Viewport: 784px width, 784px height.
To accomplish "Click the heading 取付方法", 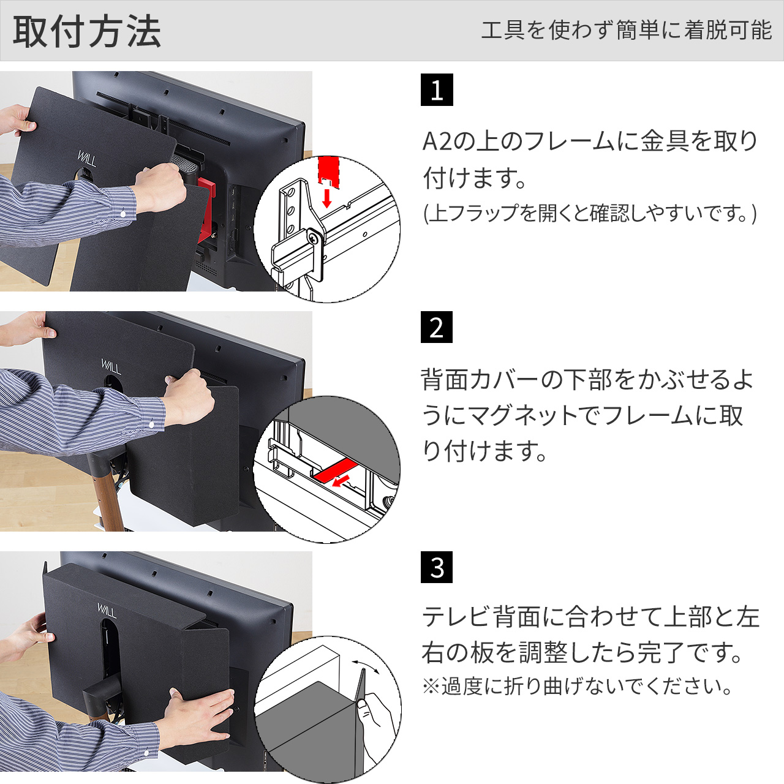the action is (87, 31).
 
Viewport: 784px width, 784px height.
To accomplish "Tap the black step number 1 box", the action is (437, 89).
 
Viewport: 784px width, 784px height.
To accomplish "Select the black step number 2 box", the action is (437, 327).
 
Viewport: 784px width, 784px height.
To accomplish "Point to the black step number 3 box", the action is (437, 567).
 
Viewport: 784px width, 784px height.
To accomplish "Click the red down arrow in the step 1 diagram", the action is (326, 198).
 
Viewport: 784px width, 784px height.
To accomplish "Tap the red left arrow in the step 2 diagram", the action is (342, 480).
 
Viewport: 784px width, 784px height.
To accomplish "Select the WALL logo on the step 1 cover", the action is (87, 158).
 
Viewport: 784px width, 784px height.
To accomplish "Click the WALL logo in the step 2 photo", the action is (111, 366).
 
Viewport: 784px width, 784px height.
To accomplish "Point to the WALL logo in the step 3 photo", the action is (107, 611).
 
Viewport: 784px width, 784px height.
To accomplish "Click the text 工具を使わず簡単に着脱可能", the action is (626, 31).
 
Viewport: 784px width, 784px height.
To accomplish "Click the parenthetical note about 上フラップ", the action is (589, 213).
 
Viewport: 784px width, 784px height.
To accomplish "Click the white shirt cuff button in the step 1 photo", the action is (123, 213).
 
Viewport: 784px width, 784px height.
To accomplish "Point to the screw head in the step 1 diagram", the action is (312, 238).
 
